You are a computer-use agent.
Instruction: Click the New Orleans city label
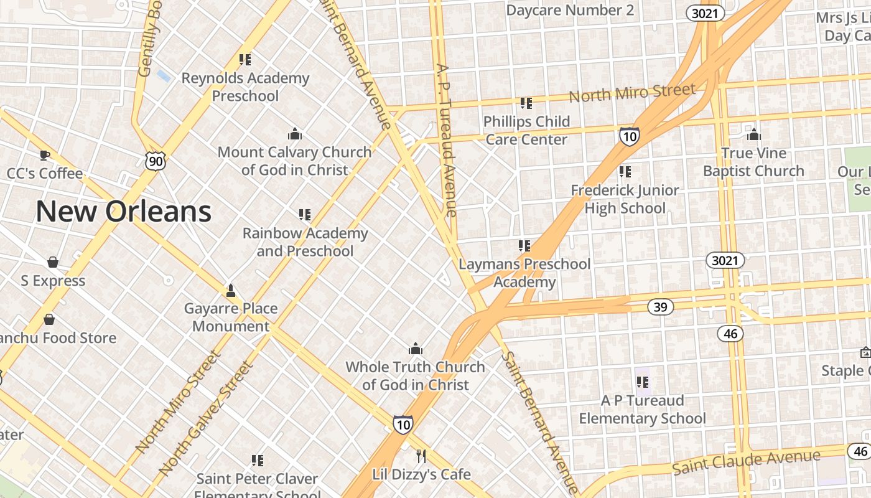[123, 211]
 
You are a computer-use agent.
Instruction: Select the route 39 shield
[660, 306]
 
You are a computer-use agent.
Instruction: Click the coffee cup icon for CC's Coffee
[44, 154]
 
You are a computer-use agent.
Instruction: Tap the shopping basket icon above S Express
[53, 262]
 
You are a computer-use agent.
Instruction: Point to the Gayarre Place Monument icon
[230, 290]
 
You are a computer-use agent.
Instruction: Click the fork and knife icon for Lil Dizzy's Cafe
[421, 456]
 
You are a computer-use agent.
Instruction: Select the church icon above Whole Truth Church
[415, 349]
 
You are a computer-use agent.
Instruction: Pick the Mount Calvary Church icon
[294, 134]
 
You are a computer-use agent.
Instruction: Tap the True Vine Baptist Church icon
[753, 134]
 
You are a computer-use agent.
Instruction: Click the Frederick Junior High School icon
[625, 171]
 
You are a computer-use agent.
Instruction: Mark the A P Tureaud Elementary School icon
[642, 382]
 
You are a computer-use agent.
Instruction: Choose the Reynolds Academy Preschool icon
[245, 60]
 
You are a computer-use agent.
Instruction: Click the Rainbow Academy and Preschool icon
[304, 215]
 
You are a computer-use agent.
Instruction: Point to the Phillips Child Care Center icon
[526, 103]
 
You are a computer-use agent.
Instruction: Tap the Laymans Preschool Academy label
[524, 273]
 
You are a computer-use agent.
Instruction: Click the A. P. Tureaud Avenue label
[446, 139]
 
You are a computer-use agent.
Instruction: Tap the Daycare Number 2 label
[570, 10]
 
